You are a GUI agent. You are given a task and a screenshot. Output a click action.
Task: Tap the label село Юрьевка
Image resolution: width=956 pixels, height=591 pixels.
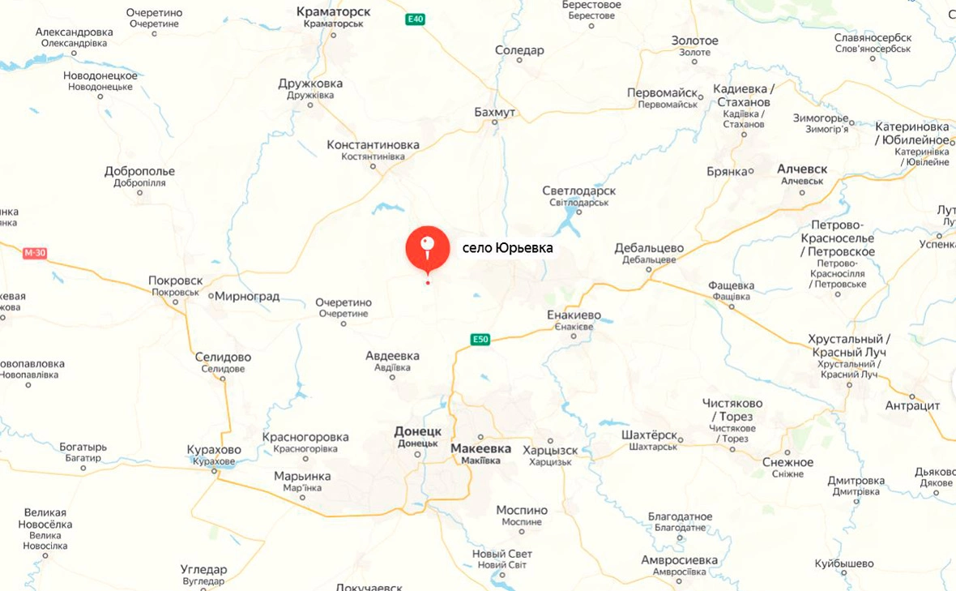click(x=507, y=248)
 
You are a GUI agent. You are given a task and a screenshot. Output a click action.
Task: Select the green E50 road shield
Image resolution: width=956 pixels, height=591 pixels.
click(x=481, y=340)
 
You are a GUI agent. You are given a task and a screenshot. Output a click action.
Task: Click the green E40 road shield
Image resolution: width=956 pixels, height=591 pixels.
click(x=415, y=18)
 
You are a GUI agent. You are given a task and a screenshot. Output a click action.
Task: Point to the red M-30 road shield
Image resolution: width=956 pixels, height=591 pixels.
click(x=35, y=253)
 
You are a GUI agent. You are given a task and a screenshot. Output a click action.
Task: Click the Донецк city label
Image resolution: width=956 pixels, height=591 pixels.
click(x=417, y=431)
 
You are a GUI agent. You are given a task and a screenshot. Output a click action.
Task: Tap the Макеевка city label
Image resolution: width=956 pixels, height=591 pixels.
click(x=480, y=448)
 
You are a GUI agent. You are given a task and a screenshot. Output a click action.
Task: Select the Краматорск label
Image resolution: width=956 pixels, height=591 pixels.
click(x=334, y=12)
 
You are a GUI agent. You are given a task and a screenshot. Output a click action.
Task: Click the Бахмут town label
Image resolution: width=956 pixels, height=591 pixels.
click(x=495, y=112)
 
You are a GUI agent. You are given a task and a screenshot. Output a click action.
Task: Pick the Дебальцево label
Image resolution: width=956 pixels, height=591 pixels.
click(x=649, y=248)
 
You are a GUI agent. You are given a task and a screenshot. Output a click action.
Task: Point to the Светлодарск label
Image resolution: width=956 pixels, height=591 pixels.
click(x=578, y=191)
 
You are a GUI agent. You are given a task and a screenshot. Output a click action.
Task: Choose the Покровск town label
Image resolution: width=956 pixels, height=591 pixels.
click(x=175, y=281)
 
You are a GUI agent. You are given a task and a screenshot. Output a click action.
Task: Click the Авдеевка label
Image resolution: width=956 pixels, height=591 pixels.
click(x=392, y=356)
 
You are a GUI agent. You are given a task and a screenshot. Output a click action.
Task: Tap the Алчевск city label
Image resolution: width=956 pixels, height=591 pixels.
click(x=802, y=169)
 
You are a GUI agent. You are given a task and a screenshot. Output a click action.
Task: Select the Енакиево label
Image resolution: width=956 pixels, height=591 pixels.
click(x=574, y=315)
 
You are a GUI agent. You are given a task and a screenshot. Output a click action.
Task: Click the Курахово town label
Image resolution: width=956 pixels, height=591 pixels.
click(x=214, y=450)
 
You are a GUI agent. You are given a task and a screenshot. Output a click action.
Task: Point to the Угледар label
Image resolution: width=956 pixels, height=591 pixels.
click(x=203, y=569)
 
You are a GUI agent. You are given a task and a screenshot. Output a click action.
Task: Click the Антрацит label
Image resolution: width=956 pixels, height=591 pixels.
click(x=912, y=405)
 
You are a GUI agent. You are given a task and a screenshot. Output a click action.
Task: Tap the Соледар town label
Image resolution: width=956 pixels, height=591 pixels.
click(x=519, y=50)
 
